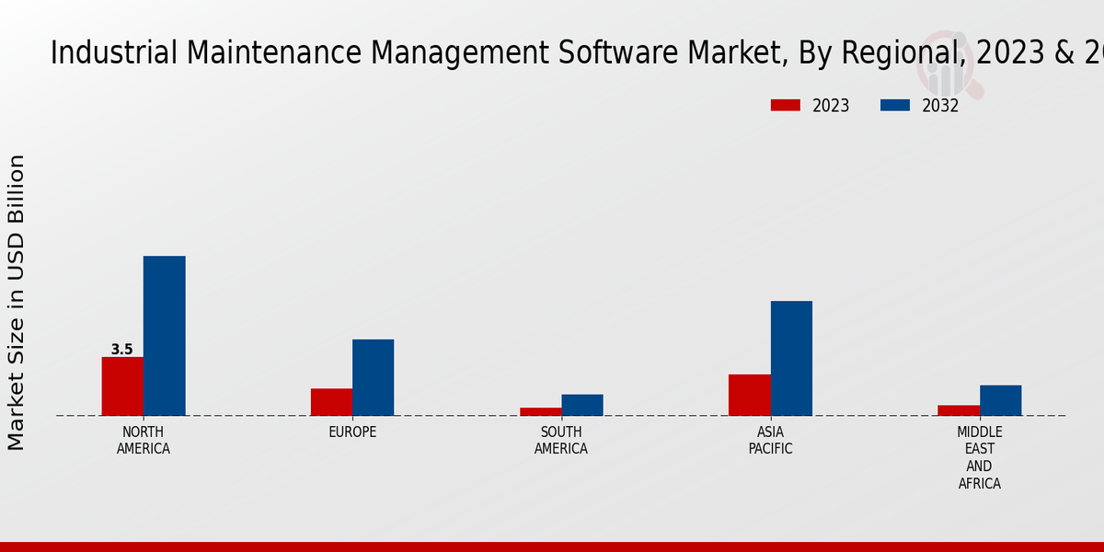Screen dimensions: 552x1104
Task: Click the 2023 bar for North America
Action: click(122, 386)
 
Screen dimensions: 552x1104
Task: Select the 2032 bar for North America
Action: click(165, 336)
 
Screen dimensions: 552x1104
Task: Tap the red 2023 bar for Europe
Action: click(331, 402)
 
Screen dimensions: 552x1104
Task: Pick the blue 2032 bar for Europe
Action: click(374, 377)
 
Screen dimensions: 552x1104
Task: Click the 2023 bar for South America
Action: click(541, 411)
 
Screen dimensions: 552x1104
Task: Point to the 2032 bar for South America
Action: click(582, 405)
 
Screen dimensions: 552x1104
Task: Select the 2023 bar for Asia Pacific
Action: click(750, 395)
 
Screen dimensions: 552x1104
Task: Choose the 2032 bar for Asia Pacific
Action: click(791, 358)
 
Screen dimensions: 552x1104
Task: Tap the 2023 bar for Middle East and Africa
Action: click(959, 410)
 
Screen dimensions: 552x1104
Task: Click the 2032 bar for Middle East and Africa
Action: click(1000, 400)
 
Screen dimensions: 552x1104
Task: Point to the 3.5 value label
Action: click(122, 350)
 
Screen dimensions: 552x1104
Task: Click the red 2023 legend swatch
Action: click(786, 105)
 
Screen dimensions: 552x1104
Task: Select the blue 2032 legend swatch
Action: click(895, 105)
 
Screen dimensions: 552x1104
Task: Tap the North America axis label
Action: click(144, 441)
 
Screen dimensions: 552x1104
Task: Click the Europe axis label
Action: click(352, 432)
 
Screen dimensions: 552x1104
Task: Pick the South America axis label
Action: click(561, 441)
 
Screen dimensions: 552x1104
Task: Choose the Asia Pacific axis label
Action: click(771, 441)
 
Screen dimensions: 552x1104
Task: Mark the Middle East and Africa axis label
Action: click(980, 457)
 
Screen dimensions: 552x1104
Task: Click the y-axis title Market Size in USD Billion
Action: click(17, 302)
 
